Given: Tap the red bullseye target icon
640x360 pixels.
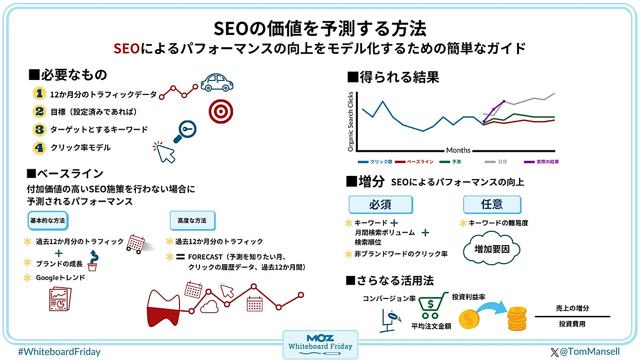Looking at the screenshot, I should point(221,109).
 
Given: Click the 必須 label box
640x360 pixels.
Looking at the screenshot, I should point(380,205).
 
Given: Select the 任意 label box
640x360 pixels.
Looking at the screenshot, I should point(491,205).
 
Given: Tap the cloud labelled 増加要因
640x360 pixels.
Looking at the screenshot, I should point(491,250).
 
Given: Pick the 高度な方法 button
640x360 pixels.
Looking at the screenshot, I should point(192,221).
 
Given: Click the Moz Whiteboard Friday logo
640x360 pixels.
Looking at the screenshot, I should point(321,344).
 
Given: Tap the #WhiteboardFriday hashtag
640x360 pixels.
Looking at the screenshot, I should point(59,352).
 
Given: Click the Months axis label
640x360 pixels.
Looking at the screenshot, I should point(458,150).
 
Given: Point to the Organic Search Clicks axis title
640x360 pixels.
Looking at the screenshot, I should point(351,122).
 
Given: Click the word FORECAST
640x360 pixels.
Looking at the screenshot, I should point(205,257).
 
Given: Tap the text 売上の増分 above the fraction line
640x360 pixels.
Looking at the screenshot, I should point(572,308).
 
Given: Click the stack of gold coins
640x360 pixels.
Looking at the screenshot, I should point(517,318).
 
